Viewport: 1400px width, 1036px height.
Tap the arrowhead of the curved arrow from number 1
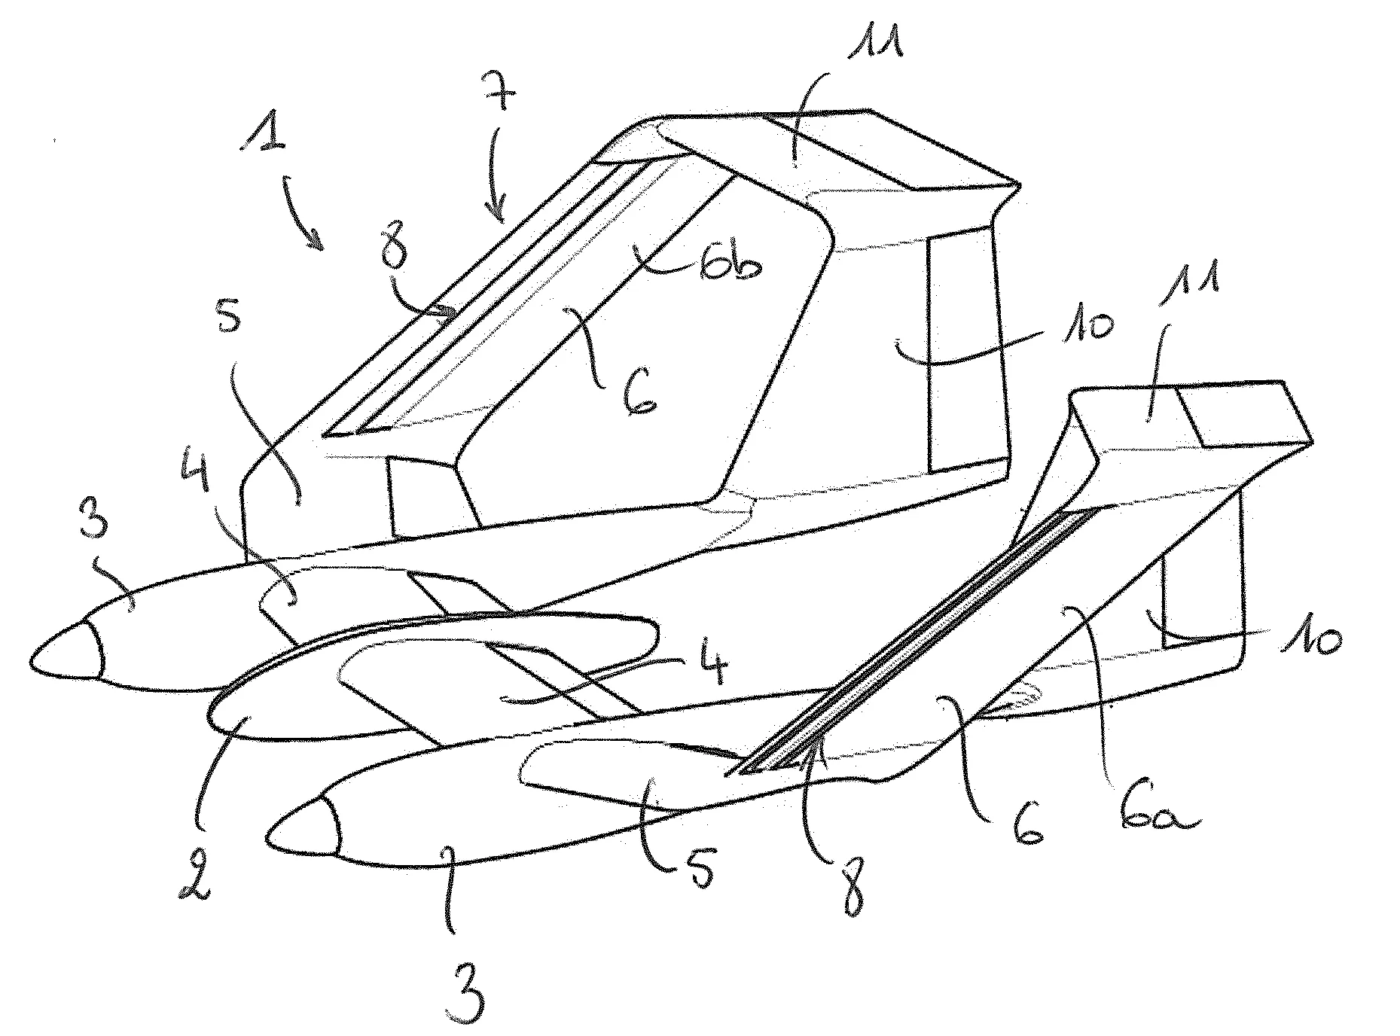(319, 239)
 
